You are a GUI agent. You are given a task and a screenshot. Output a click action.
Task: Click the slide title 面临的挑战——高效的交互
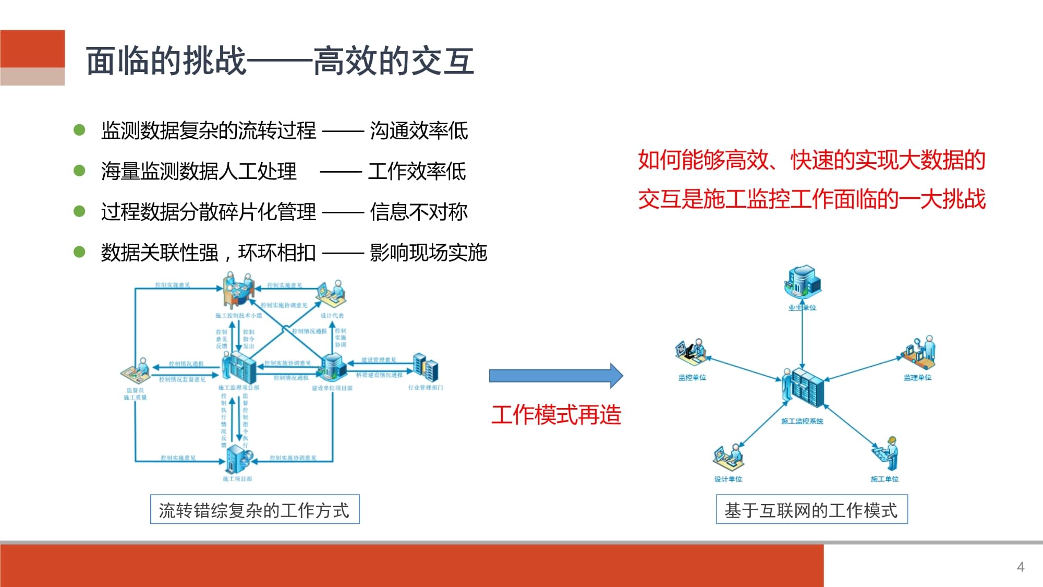pyautogui.click(x=280, y=61)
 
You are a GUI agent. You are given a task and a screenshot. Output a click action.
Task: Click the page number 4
pyautogui.click(x=1021, y=567)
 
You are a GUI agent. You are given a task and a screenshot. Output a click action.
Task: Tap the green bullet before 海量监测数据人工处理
pyautogui.click(x=79, y=171)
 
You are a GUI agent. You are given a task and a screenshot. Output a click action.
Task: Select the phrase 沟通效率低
pyautogui.click(x=419, y=130)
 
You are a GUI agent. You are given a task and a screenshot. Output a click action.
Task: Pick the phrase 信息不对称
pyautogui.click(x=419, y=212)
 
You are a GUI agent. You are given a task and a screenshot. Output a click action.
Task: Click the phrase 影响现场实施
pyautogui.click(x=428, y=253)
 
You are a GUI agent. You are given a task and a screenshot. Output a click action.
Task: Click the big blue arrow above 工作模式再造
pyautogui.click(x=555, y=376)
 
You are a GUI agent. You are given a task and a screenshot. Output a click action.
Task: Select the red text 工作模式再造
pyautogui.click(x=556, y=415)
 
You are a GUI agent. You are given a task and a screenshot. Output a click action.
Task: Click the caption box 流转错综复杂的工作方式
pyautogui.click(x=254, y=510)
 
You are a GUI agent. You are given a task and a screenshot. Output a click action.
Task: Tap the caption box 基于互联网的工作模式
pyautogui.click(x=811, y=510)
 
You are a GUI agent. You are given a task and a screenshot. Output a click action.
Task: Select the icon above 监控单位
pyautogui.click(x=690, y=352)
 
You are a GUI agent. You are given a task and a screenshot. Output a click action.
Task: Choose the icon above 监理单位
pyautogui.click(x=919, y=352)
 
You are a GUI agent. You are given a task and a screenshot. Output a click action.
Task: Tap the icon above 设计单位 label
pyautogui.click(x=728, y=457)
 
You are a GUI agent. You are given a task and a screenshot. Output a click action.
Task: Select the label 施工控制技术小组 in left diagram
pyautogui.click(x=238, y=316)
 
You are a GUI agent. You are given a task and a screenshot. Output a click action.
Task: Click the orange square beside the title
pyautogui.click(x=32, y=49)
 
